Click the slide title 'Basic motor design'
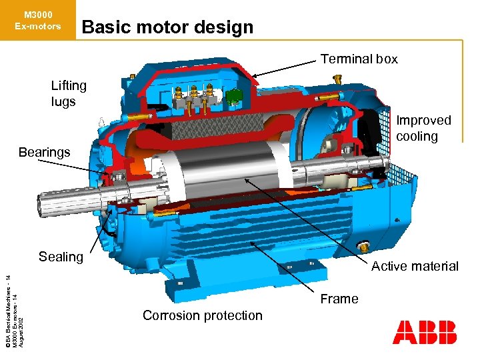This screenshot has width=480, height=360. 167,27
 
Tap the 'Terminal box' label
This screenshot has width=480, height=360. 359,59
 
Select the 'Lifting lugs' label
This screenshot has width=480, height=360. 69,93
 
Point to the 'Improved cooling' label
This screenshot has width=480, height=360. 423,128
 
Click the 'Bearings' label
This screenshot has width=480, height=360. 44,152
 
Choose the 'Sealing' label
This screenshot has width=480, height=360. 61,257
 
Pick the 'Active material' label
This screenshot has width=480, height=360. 415,266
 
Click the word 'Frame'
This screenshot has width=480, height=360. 339,299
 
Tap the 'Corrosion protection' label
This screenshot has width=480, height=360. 203,315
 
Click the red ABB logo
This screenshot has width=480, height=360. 425,331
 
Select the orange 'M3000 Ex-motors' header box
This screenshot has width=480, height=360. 37,21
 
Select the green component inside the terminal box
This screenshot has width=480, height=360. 232,97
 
